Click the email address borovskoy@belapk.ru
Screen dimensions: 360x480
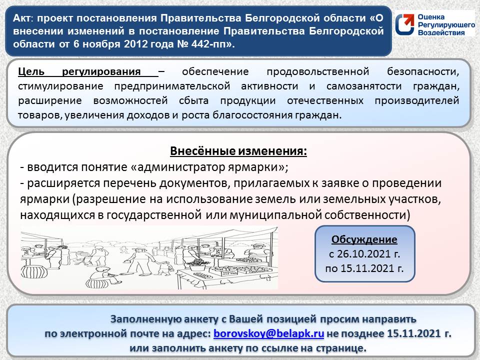[x=269, y=333]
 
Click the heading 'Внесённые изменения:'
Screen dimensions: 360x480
[x=239, y=151]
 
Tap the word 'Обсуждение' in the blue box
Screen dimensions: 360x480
[x=365, y=239]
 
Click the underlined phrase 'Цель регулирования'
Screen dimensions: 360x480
[x=88, y=71]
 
